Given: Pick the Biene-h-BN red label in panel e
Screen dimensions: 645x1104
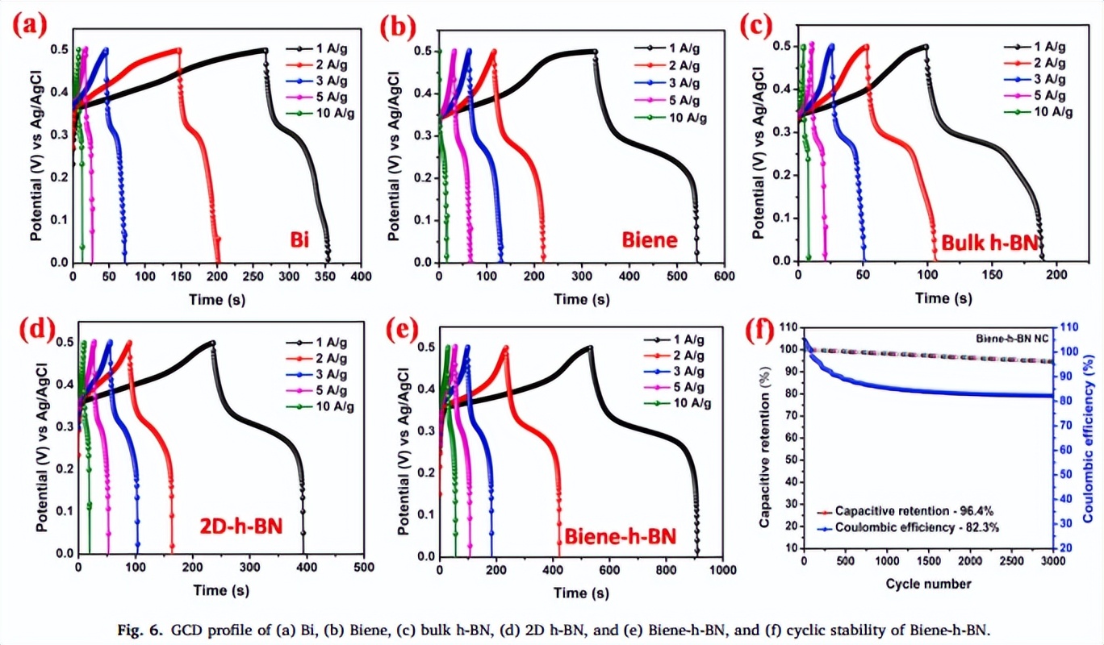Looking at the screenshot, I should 619,537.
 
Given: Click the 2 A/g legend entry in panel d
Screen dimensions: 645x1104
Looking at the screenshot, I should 317,357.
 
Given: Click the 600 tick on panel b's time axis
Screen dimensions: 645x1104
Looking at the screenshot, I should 724,276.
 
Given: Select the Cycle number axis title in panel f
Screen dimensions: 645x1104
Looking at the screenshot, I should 928,583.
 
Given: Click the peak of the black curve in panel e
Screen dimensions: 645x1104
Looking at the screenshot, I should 590,347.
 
